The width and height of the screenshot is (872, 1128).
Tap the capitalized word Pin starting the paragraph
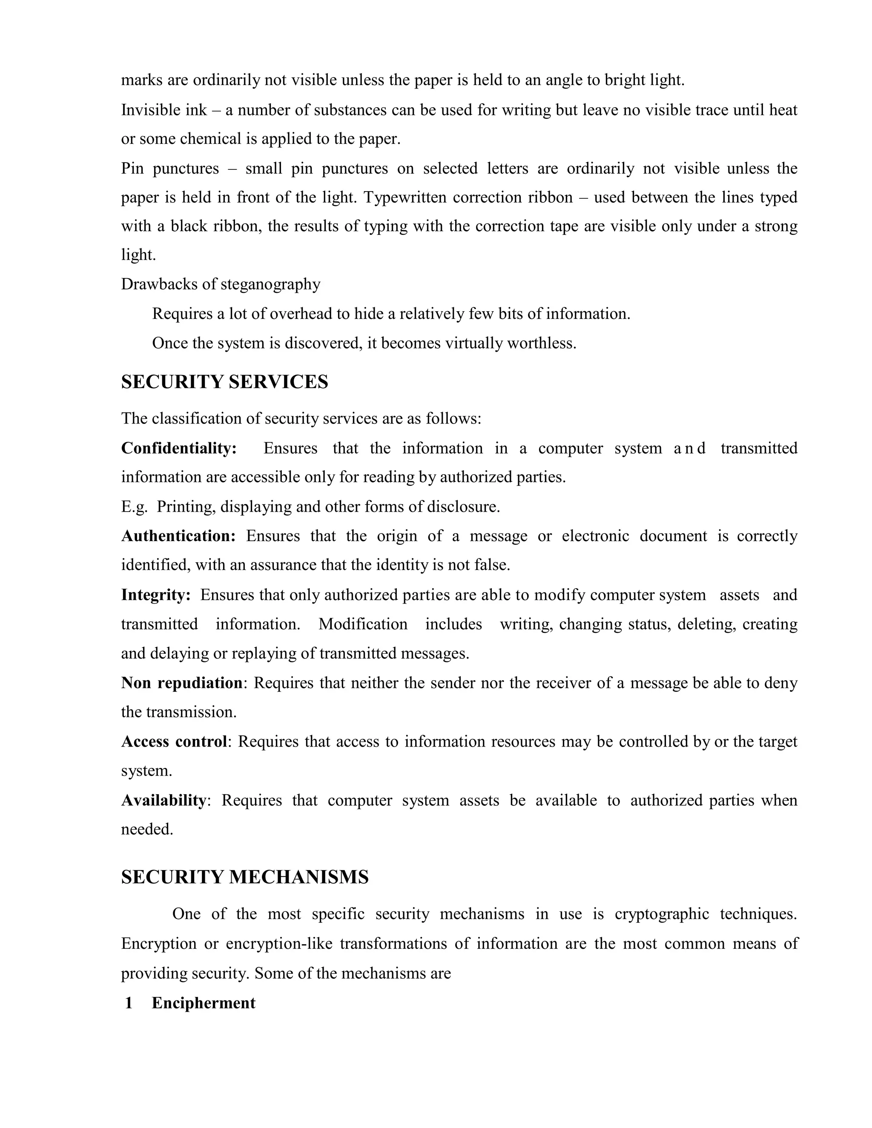[132, 169]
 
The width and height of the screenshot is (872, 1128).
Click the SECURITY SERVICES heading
[225, 382]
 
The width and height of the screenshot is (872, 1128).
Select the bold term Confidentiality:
[179, 448]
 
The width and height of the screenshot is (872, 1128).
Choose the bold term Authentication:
[178, 536]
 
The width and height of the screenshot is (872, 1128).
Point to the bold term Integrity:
[156, 595]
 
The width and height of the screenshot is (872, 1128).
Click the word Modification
[363, 624]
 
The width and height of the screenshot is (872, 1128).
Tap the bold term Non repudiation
[182, 683]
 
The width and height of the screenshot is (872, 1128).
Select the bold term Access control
[174, 742]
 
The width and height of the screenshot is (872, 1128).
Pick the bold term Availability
[163, 800]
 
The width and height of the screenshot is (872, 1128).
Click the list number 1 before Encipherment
[129, 1003]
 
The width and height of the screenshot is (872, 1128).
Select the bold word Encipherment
[204, 1003]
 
